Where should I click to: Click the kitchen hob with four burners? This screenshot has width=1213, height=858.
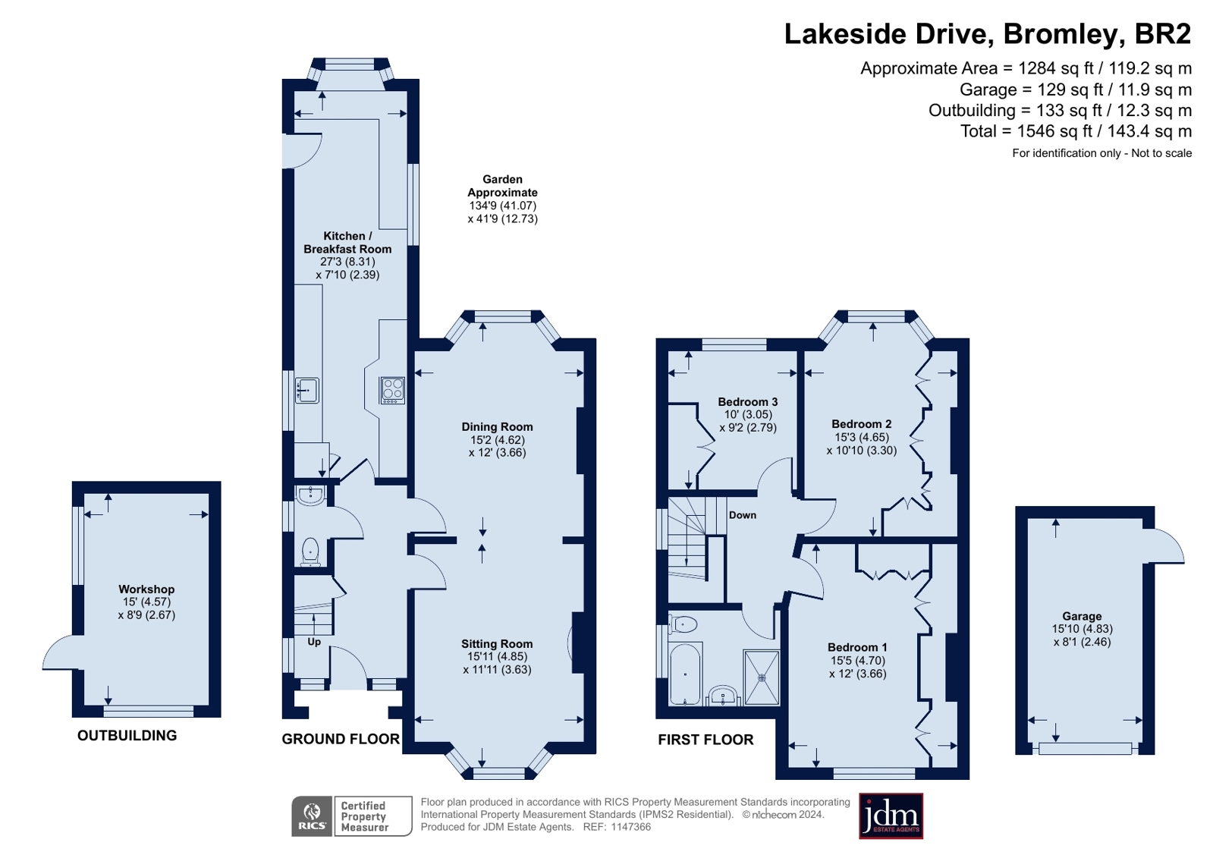click(393, 391)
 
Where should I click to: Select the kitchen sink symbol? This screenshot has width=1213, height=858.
click(307, 391)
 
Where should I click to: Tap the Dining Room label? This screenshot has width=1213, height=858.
click(497, 427)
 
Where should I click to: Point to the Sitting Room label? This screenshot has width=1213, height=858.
click(497, 644)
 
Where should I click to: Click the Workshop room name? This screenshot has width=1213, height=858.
click(146, 589)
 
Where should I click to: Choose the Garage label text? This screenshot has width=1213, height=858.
click(1082, 617)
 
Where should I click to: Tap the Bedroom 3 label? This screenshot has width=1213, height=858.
click(748, 402)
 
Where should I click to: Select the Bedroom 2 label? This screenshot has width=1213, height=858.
click(862, 424)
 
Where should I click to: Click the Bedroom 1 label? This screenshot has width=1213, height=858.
click(858, 647)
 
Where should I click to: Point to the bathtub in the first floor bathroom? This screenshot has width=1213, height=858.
click(686, 674)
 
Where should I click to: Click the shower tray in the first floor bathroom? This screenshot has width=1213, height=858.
click(762, 677)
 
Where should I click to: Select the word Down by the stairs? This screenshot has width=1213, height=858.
click(743, 515)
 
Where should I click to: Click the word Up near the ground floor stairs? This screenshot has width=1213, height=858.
click(314, 642)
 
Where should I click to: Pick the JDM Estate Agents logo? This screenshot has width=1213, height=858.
click(891, 816)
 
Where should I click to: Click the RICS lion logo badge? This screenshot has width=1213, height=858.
click(312, 816)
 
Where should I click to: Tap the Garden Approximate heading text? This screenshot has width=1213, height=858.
click(502, 186)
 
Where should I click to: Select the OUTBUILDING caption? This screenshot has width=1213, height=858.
click(127, 736)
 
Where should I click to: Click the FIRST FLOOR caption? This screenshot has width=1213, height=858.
click(705, 740)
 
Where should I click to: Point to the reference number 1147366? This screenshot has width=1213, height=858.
click(631, 827)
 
